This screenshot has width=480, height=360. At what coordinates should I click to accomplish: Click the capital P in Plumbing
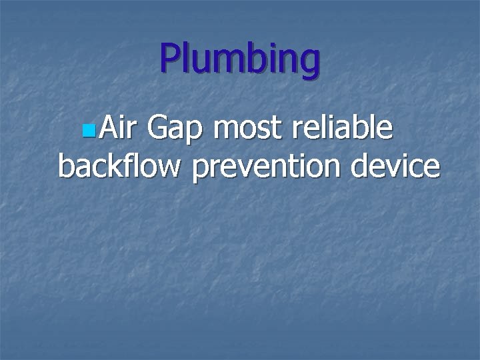(x=169, y=59)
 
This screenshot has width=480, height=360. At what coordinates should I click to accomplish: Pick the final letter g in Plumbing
(x=309, y=63)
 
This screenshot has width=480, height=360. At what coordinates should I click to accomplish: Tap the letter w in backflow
(x=169, y=168)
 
